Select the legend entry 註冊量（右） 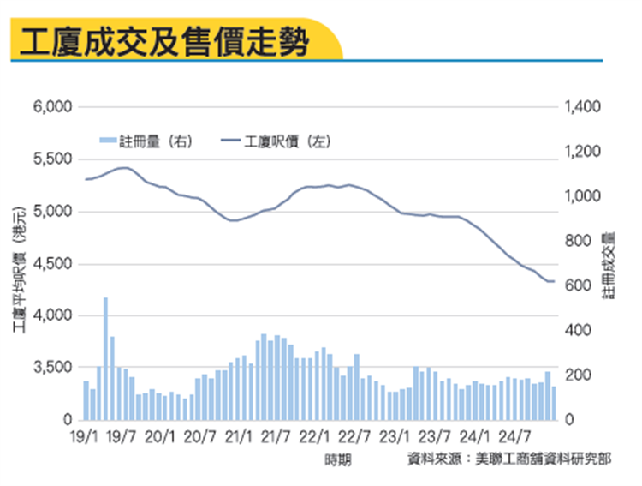(x=144, y=141)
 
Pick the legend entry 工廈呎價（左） (x=276, y=141)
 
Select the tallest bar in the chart (x=105, y=359)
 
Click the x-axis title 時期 (x=337, y=460)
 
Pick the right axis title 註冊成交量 (x=609, y=265)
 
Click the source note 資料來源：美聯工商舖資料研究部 (x=508, y=459)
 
